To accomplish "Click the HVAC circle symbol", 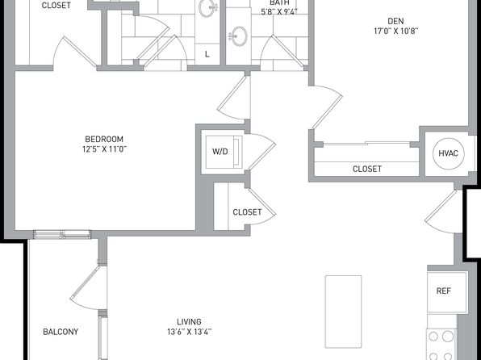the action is pyautogui.click(x=448, y=153).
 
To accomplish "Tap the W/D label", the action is pyautogui.click(x=220, y=151).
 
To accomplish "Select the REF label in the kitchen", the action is pyautogui.click(x=444, y=291).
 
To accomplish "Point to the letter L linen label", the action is pyautogui.click(x=207, y=54).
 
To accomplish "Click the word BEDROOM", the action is pyautogui.click(x=104, y=139).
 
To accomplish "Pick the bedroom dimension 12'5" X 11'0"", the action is pyautogui.click(x=105, y=149).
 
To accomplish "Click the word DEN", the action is pyautogui.click(x=395, y=21).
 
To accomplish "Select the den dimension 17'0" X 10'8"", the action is pyautogui.click(x=396, y=31).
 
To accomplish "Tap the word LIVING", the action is pyautogui.click(x=190, y=321).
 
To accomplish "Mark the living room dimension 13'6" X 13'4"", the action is pyautogui.click(x=190, y=332).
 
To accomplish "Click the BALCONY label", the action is pyautogui.click(x=61, y=332).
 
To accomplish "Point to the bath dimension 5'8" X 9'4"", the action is pyautogui.click(x=279, y=12).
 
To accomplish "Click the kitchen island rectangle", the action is pyautogui.click(x=343, y=312).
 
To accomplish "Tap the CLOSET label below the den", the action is pyautogui.click(x=367, y=169).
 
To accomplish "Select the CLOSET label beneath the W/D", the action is pyautogui.click(x=247, y=212).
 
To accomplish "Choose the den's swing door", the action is pyautogui.click(x=328, y=106).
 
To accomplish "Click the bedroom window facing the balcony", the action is pyautogui.click(x=62, y=234).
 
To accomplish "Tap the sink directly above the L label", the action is pyautogui.click(x=207, y=8).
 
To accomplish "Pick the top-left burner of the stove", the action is pyautogui.click(x=433, y=337).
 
